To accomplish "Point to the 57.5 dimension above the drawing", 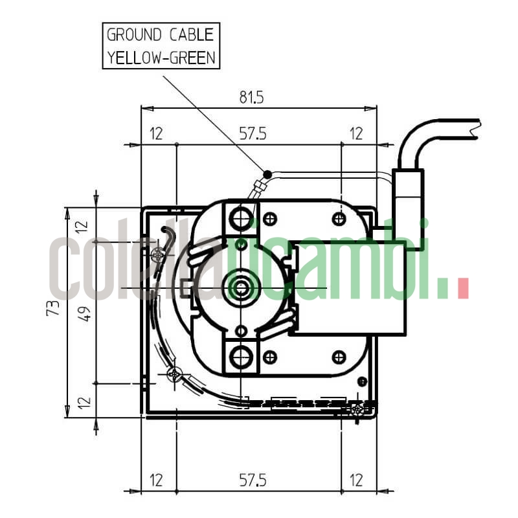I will pyautogui.click(x=253, y=134).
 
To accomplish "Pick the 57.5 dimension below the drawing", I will pyautogui.click(x=253, y=480).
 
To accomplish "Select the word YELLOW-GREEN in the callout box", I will pyautogui.click(x=161, y=57).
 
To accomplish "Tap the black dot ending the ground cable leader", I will pyautogui.click(x=267, y=173).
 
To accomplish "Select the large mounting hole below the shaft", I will pyautogui.click(x=242, y=355).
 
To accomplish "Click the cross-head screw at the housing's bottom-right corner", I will pyautogui.click(x=357, y=409).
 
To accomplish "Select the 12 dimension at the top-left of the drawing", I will pyautogui.click(x=156, y=134).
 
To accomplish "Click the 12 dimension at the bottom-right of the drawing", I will pyautogui.click(x=356, y=480).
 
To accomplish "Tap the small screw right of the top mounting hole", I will pyautogui.click(x=271, y=218).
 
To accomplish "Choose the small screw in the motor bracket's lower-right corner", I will pyautogui.click(x=339, y=357).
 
